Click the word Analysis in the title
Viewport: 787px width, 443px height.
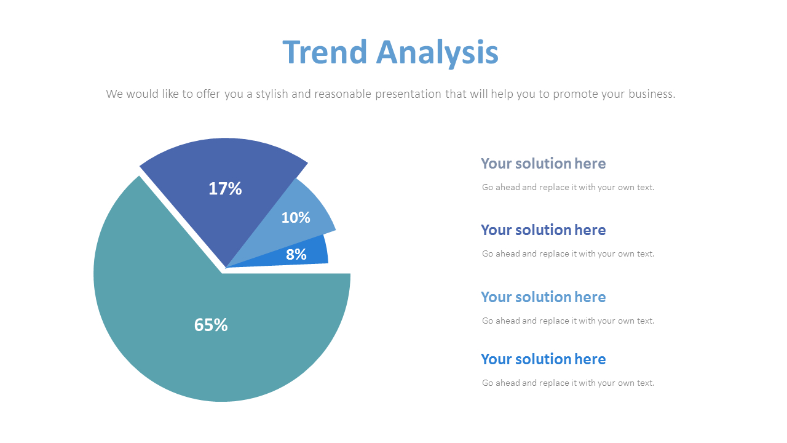tap(437, 52)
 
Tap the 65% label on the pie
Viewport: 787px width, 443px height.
tap(211, 325)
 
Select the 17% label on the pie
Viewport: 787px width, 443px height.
tap(225, 188)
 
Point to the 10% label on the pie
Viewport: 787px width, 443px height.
tap(296, 217)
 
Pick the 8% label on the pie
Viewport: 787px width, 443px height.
tap(296, 254)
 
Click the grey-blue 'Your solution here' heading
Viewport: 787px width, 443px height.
tap(543, 164)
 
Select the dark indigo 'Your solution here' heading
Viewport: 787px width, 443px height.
tap(543, 230)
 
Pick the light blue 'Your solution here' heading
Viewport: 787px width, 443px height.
tap(543, 297)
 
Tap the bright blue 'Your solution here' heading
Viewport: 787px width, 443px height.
tap(543, 359)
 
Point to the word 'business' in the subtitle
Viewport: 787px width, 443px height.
tap(652, 94)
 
